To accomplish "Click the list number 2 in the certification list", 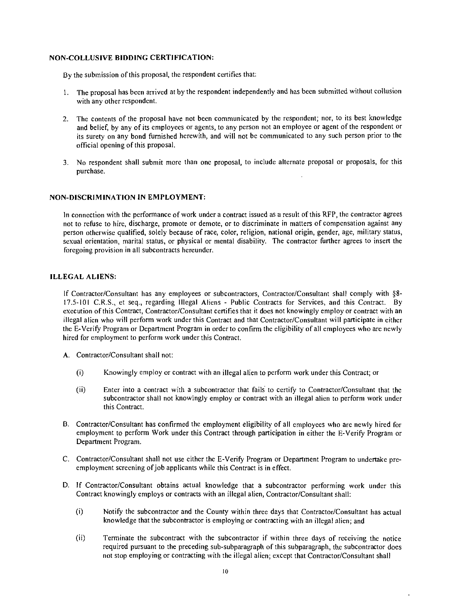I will click(65, 119).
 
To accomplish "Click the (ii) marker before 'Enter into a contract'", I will click(81, 390).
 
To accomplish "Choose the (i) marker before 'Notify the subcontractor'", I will click(80, 512).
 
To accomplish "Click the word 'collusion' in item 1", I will click(389, 92).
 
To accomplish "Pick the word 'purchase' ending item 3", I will click(90, 171).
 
